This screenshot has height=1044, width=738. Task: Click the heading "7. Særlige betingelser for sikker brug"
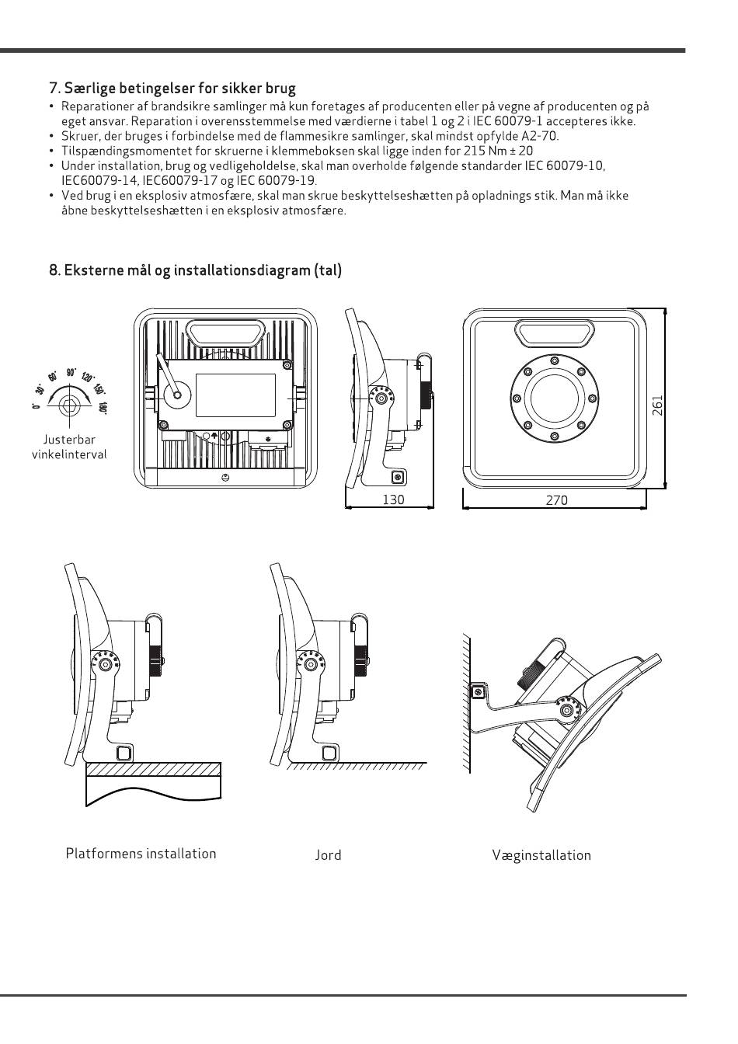click(x=172, y=88)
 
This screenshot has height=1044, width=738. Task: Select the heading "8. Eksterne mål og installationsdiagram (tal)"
click(x=195, y=270)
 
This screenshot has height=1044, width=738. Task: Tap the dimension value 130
click(x=393, y=499)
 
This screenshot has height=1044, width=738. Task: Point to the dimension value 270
click(x=557, y=500)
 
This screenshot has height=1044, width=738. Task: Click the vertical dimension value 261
click(x=656, y=405)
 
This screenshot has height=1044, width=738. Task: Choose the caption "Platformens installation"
click(x=141, y=854)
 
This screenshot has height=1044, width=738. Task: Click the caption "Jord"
click(x=328, y=854)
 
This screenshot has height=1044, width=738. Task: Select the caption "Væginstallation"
click(x=541, y=854)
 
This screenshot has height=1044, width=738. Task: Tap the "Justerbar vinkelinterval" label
click(x=69, y=447)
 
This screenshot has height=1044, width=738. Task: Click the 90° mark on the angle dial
click(x=71, y=372)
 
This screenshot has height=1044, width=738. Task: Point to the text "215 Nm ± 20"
click(x=498, y=151)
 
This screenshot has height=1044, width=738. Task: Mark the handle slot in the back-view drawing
click(x=226, y=332)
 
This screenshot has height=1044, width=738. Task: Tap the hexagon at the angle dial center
click(x=70, y=406)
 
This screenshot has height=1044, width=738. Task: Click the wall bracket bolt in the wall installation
click(x=477, y=692)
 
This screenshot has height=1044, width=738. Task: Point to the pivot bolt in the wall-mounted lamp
click(x=567, y=710)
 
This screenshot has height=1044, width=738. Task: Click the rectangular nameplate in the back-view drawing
click(x=235, y=395)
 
